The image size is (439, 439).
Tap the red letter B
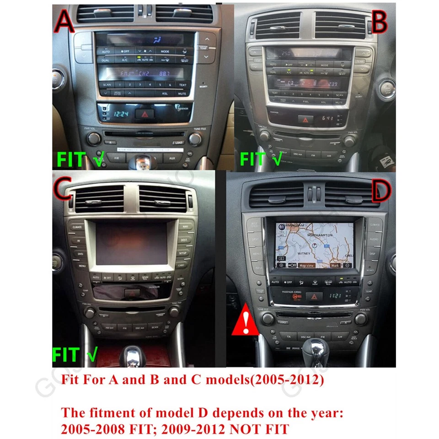click(x=379, y=21)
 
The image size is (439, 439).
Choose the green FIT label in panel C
click(x=67, y=354)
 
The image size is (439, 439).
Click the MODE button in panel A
click(x=165, y=52)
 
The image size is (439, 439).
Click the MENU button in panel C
click(x=82, y=265)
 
